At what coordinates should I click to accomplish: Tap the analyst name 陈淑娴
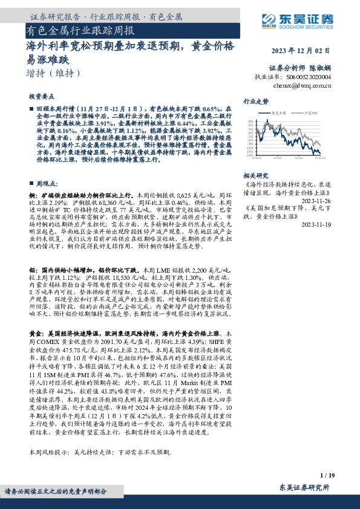[x=321, y=68]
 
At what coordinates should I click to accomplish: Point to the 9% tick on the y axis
[x=250, y=121]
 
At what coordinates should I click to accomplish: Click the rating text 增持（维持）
[x=54, y=73]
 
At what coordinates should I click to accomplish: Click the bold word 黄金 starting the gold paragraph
[x=34, y=333]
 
